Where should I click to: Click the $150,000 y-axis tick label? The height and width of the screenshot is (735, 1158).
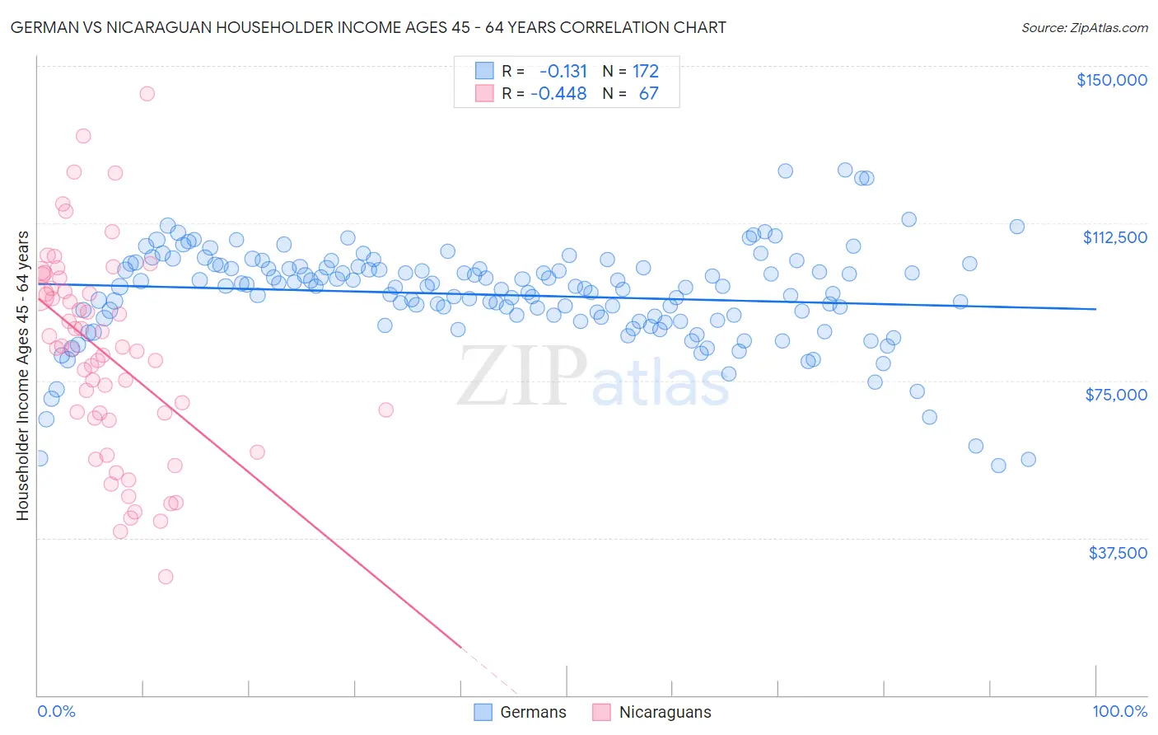click(1111, 80)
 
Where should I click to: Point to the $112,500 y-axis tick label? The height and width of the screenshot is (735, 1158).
click(1114, 237)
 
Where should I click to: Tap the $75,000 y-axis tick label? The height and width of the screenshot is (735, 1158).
click(1116, 395)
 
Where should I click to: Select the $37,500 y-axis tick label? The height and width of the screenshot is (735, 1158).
click(1117, 553)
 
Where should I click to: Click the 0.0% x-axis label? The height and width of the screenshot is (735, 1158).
click(56, 711)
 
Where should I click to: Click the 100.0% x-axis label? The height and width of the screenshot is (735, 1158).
click(1119, 711)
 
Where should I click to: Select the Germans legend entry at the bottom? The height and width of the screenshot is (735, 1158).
click(521, 712)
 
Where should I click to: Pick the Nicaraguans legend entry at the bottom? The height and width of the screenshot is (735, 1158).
click(651, 712)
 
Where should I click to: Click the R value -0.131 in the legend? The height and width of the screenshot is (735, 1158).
click(559, 71)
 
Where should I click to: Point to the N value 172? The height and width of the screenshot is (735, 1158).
click(646, 71)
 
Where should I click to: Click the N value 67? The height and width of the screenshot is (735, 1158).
click(649, 93)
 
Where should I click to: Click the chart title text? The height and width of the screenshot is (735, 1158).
click(367, 27)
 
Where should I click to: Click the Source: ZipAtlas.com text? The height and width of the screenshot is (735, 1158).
click(1084, 27)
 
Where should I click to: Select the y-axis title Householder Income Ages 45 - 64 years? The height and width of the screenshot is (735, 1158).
click(22, 375)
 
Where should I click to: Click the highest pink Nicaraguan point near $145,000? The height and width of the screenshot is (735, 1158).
click(147, 93)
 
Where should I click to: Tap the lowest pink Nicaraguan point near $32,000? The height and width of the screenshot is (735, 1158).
click(166, 577)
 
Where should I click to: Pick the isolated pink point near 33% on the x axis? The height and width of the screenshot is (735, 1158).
click(385, 410)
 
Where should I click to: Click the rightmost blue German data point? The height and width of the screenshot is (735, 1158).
click(1028, 460)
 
